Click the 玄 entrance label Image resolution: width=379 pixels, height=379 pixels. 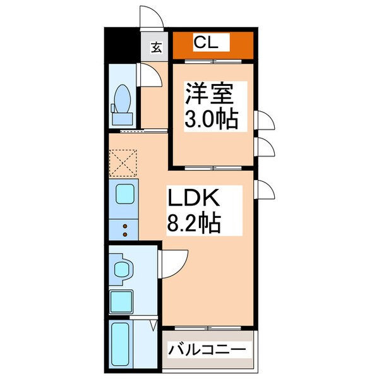click(155, 47)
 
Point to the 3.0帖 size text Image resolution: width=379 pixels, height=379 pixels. click(211, 119)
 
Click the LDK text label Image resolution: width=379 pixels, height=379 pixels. click(192, 200)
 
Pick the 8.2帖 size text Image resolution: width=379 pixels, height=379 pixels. click(193, 223)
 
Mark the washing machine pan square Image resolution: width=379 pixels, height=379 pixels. click(122, 301)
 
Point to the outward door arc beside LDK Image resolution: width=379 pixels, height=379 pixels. click(265, 188)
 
